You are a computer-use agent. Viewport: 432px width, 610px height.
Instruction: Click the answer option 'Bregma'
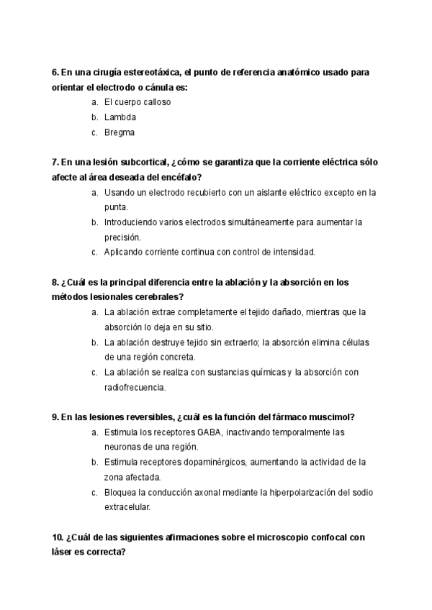coord(120,132)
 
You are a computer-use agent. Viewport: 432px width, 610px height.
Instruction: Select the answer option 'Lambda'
coord(120,117)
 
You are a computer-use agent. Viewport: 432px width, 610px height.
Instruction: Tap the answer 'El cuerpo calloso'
coord(138,102)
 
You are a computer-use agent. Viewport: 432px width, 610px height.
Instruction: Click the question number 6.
coord(55,73)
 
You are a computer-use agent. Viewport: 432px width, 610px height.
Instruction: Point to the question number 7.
coord(55,163)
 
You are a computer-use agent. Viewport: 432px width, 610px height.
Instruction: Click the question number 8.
coord(55,283)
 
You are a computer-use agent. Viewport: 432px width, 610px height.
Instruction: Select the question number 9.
coord(55,417)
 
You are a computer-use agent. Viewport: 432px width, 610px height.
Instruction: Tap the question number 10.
coord(57,537)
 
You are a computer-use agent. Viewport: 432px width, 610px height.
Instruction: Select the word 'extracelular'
coord(127,507)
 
